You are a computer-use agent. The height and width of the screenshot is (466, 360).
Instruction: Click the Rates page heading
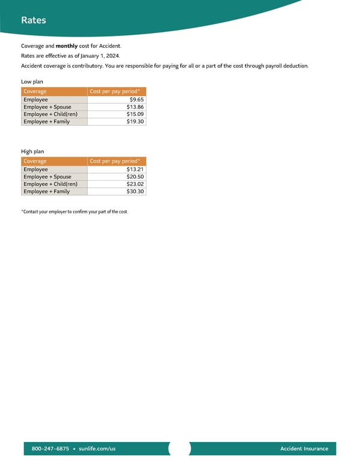pyautogui.click(x=34, y=20)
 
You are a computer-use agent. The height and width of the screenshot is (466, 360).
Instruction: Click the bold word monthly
pyautogui.click(x=67, y=46)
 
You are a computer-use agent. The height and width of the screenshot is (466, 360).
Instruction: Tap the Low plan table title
pyautogui.click(x=32, y=81)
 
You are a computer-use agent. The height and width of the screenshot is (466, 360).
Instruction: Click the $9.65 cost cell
pyautogui.click(x=137, y=100)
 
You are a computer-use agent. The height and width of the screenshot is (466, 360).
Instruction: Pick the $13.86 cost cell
pyautogui.click(x=136, y=107)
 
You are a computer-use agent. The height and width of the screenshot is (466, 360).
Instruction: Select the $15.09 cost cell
pyautogui.click(x=136, y=114)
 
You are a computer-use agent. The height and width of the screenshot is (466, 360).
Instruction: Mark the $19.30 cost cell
pyautogui.click(x=136, y=121)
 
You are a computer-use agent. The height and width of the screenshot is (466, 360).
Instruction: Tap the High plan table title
pyautogui.click(x=32, y=151)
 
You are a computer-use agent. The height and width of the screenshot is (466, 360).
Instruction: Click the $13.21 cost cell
pyautogui.click(x=136, y=169)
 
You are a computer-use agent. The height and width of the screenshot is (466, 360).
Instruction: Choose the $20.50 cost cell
pyautogui.click(x=136, y=177)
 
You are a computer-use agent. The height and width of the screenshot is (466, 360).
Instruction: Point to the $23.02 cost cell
pyautogui.click(x=136, y=184)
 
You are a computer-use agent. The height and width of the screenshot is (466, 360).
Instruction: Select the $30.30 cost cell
pyautogui.click(x=136, y=191)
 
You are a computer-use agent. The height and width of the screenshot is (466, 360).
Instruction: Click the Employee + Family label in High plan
pyautogui.click(x=47, y=191)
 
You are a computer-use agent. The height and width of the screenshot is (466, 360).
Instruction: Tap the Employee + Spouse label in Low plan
pyautogui.click(x=47, y=107)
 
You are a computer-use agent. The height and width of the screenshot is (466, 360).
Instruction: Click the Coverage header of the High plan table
pyautogui.click(x=35, y=161)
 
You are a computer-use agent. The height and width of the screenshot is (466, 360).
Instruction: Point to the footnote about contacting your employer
pyautogui.click(x=74, y=212)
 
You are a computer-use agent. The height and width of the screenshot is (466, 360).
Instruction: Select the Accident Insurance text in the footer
pyautogui.click(x=304, y=449)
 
